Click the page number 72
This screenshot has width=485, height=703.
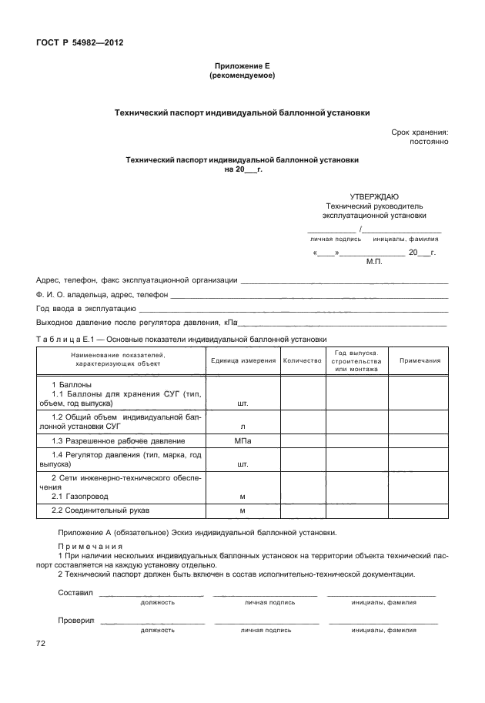[x=42, y=643]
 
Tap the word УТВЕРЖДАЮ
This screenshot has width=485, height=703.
[x=374, y=196]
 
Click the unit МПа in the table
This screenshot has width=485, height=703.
[x=242, y=440]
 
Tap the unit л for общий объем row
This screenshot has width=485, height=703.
[x=242, y=425]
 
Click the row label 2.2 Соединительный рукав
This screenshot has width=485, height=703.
[x=100, y=511]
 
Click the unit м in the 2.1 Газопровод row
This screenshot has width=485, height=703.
[x=242, y=497]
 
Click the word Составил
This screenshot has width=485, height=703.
[x=75, y=592]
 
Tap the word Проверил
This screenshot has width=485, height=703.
[x=75, y=620]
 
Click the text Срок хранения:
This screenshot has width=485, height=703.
[x=419, y=132]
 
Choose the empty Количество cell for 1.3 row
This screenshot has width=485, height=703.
[x=302, y=440]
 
